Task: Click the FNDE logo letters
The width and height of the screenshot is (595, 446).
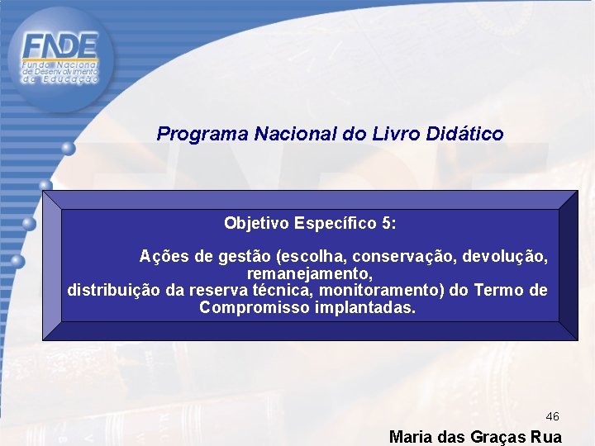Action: (60, 45)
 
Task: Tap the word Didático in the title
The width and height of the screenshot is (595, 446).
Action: (466, 134)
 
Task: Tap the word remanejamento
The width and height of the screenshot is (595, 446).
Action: (310, 273)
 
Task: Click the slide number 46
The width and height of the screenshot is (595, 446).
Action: (553, 417)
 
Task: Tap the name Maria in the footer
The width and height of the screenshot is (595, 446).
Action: (410, 437)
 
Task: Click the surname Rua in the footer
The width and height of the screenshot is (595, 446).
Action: (547, 437)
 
